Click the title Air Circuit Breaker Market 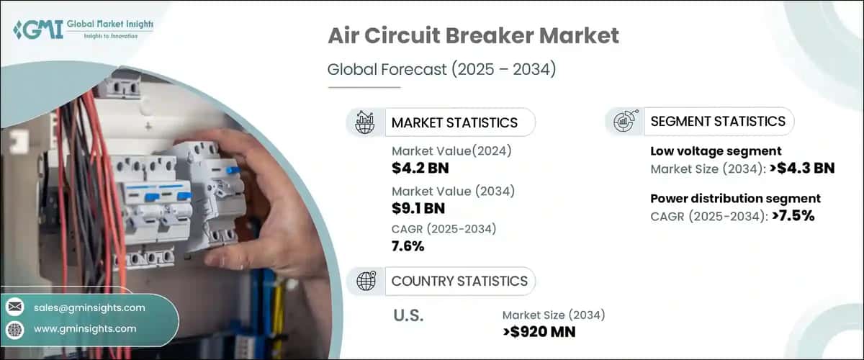(473, 36)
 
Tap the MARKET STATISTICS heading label (454, 122)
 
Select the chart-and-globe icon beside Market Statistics (366, 122)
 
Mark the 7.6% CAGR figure (408, 246)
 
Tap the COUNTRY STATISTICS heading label (459, 281)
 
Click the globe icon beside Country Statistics (366, 281)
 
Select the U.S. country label (408, 315)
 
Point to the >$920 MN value (539, 331)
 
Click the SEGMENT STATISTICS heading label (718, 122)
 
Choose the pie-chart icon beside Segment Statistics (624, 122)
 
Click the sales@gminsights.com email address (89, 307)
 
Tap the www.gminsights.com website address (84, 329)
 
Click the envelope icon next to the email (14, 307)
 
